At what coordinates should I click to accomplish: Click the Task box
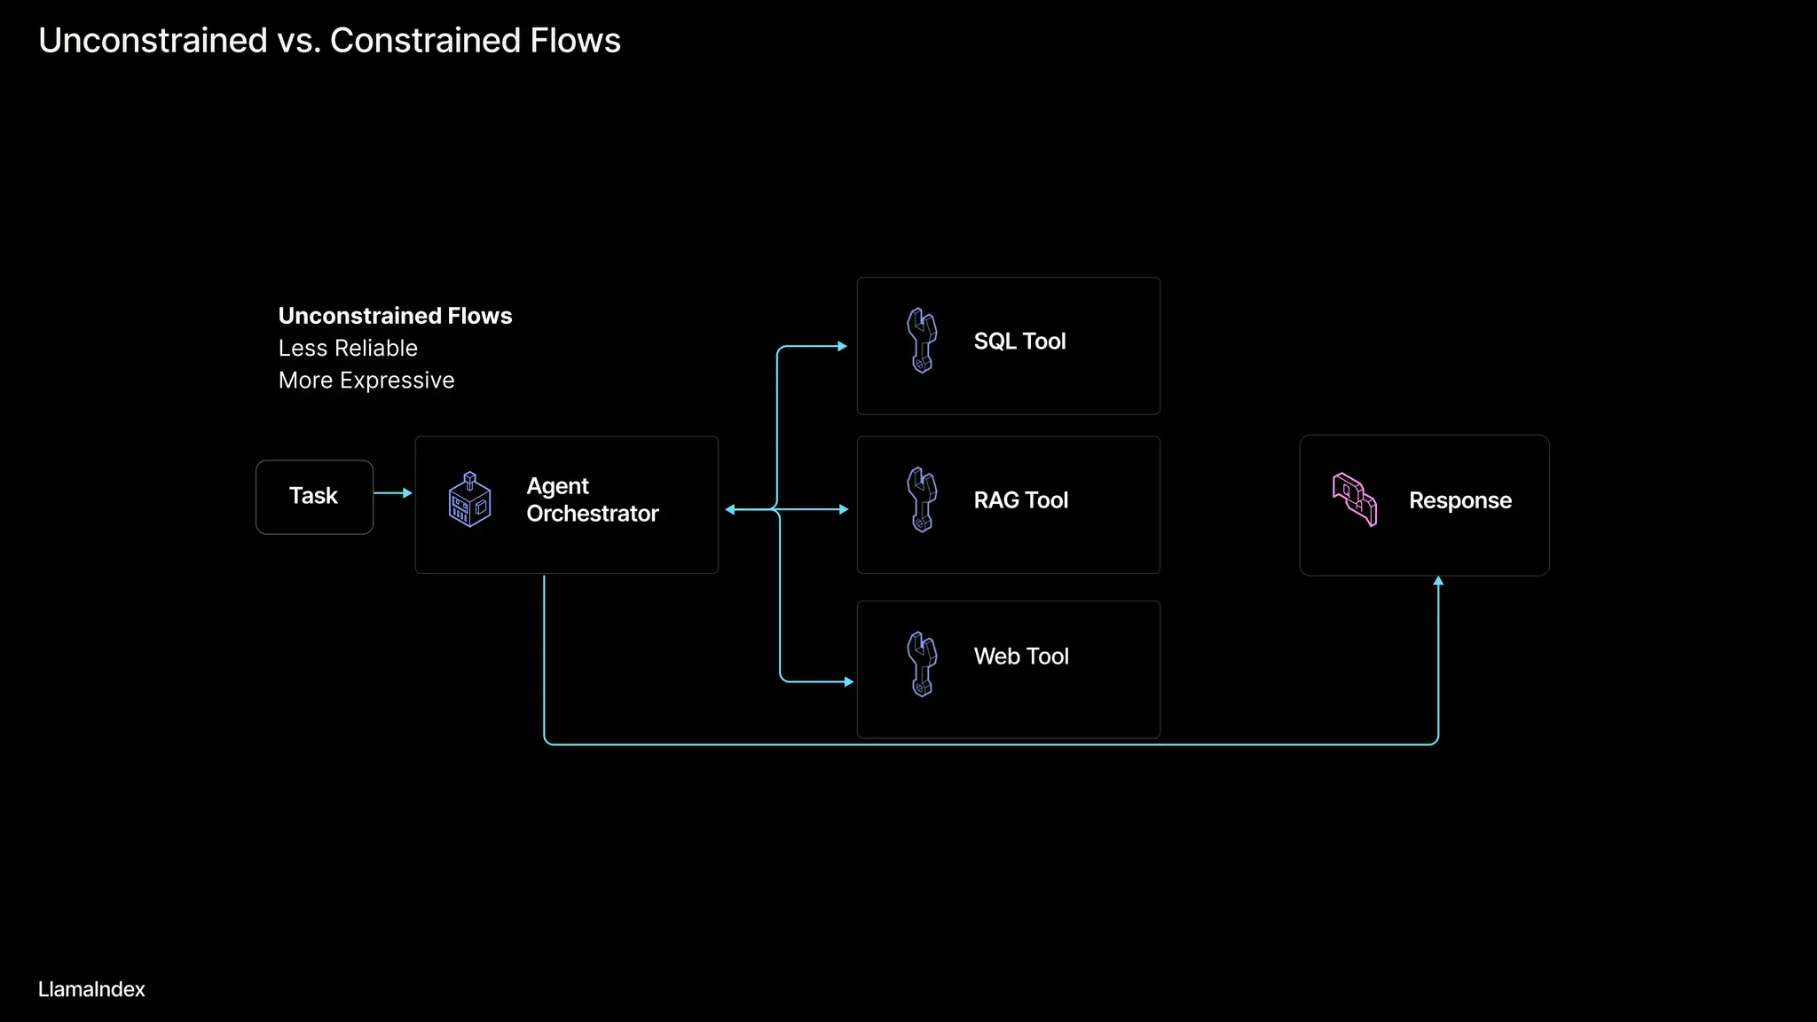[314, 497]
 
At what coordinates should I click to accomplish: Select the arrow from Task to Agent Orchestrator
[393, 492]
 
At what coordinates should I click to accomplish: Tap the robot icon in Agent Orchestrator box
[469, 500]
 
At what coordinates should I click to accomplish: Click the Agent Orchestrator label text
[592, 500]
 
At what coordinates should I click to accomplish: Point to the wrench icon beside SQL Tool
[922, 341]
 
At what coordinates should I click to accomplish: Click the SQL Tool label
[1019, 342]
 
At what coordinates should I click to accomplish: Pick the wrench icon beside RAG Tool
[922, 500]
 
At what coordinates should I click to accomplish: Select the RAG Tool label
[1020, 500]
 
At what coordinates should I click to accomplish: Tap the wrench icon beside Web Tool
[922, 664]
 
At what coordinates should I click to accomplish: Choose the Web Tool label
[1021, 656]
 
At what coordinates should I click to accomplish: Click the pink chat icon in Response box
[1355, 499]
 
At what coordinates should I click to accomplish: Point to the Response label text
[1459, 500]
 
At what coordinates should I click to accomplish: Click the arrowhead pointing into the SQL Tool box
[843, 347]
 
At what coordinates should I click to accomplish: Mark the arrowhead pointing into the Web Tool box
[849, 682]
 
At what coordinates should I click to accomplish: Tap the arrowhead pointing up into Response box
[1438, 581]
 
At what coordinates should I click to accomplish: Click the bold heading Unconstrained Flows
[395, 316]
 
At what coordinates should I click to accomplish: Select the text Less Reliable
[348, 348]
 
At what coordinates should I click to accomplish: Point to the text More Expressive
[366, 381]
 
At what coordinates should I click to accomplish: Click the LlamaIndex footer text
[91, 989]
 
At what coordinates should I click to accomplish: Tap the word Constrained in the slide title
[425, 41]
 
